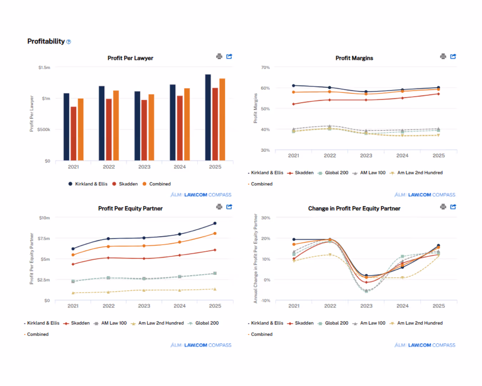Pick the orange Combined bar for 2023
tap(151, 127)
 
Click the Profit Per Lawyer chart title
tap(130, 58)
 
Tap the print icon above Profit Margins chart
tap(443, 56)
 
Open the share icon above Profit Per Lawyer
tap(229, 56)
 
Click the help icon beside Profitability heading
tap(69, 42)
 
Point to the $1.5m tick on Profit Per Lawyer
tap(44, 68)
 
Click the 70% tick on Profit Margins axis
tap(265, 68)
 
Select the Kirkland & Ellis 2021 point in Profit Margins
tap(293, 86)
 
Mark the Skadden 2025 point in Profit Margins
tap(438, 94)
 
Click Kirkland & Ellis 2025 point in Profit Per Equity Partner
tap(215, 223)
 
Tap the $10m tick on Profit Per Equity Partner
tap(44, 218)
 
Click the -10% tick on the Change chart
tap(266, 301)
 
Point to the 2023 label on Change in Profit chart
tap(366, 306)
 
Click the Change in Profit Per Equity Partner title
tap(354, 209)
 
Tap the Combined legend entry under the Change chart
tap(261, 335)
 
